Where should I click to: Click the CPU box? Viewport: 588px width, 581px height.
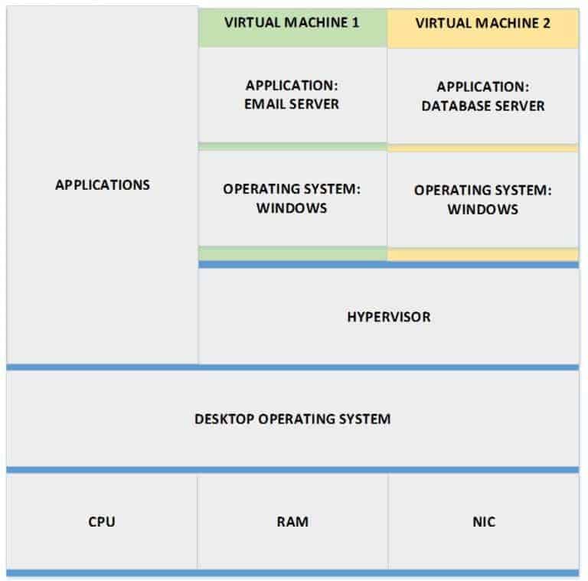[x=102, y=522]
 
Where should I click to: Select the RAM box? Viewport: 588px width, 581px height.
[x=292, y=522]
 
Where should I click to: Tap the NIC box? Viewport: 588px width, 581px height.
[x=484, y=522]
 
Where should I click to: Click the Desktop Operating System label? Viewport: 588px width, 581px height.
[x=292, y=419]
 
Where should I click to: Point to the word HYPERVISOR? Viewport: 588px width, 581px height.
[x=388, y=316]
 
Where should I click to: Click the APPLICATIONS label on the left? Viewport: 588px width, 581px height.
[x=103, y=184]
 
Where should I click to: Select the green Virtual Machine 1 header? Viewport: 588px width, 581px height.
[x=292, y=23]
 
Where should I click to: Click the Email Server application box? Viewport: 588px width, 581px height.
[x=292, y=95]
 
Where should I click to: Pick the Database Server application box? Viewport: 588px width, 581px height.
[x=482, y=96]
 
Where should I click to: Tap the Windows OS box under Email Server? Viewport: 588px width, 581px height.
[x=292, y=197]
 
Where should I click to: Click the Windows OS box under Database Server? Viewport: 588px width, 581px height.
[x=482, y=199]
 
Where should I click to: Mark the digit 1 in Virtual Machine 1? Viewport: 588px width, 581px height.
[x=355, y=22]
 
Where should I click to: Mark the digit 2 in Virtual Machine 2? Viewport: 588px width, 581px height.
[x=546, y=23]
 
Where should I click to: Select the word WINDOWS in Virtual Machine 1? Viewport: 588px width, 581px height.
[x=292, y=207]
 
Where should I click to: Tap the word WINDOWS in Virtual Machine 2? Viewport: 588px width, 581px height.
[x=482, y=209]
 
